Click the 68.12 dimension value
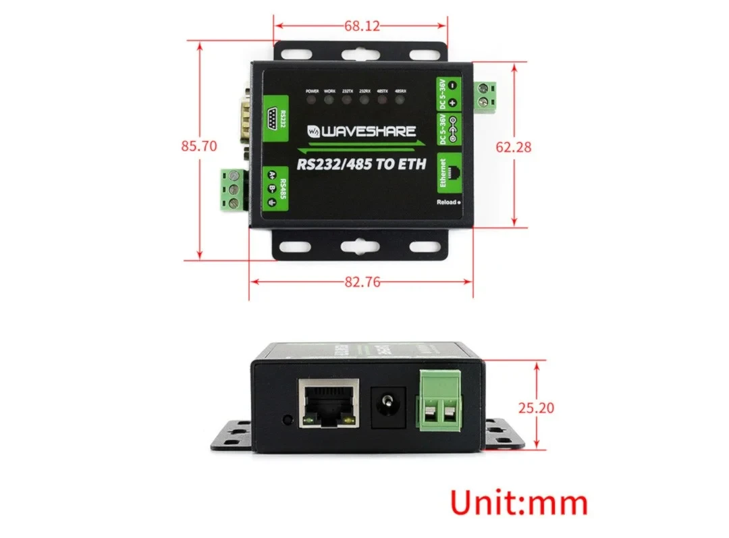point(362,26)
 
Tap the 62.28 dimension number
point(514,146)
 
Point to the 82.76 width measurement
point(362,282)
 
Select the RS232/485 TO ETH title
point(362,164)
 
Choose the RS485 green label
point(275,190)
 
